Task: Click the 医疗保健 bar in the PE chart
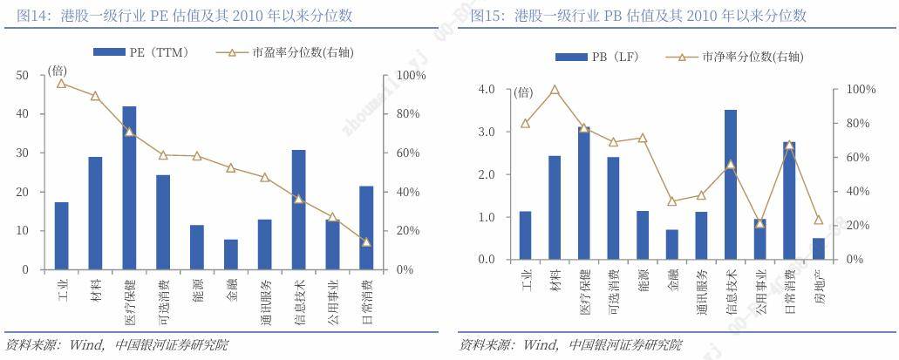(129, 187)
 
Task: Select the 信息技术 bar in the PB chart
(731, 184)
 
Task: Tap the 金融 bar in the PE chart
(231, 254)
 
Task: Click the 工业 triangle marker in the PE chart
(61, 83)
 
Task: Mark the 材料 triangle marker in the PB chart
(554, 90)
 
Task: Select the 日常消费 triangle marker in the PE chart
(366, 241)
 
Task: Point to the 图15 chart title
(637, 16)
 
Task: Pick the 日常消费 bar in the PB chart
(789, 200)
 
